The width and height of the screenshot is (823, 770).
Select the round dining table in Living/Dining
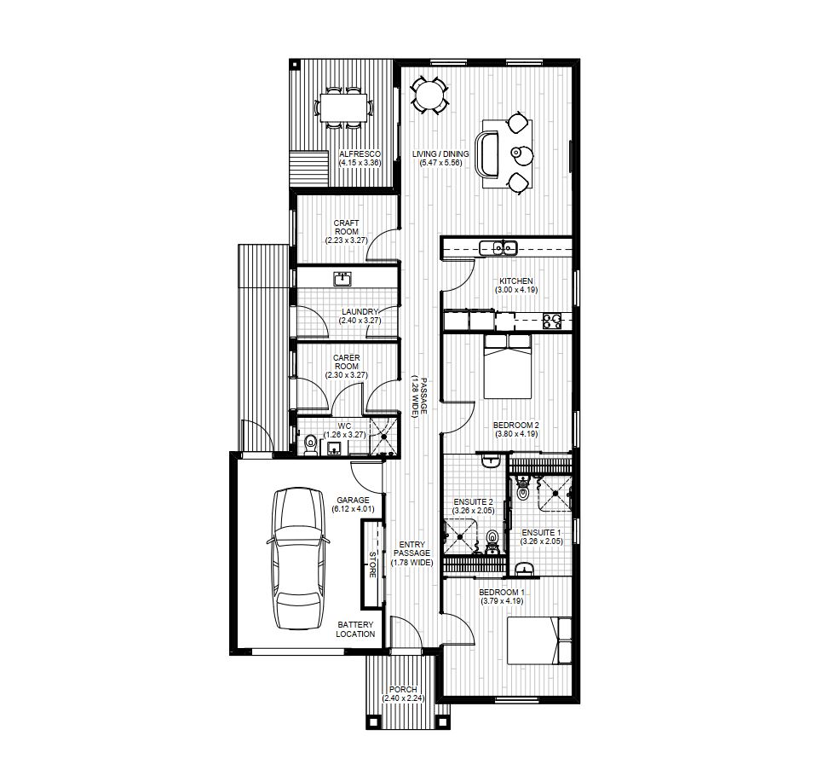pyautogui.click(x=429, y=94)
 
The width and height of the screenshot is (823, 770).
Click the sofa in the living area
pyautogui.click(x=489, y=153)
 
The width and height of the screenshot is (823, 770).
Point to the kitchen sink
pyautogui.click(x=498, y=249)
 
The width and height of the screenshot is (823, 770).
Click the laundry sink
pyautogui.click(x=343, y=278)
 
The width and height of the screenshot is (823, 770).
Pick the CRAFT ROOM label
pyautogui.click(x=346, y=228)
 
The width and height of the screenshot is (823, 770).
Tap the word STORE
pyautogui.click(x=371, y=564)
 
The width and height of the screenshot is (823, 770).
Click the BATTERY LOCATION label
pyautogui.click(x=355, y=628)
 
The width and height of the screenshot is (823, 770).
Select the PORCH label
pyautogui.click(x=403, y=689)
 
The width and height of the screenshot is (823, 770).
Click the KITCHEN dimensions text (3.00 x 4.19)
pyautogui.click(x=515, y=290)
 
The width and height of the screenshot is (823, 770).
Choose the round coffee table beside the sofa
pyautogui.click(x=520, y=153)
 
